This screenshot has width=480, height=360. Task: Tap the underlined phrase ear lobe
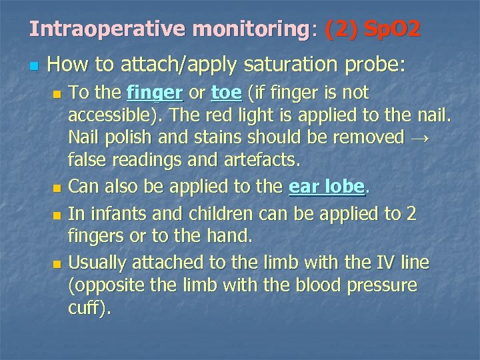[x=327, y=187]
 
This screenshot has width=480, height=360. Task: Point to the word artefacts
[x=264, y=160]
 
